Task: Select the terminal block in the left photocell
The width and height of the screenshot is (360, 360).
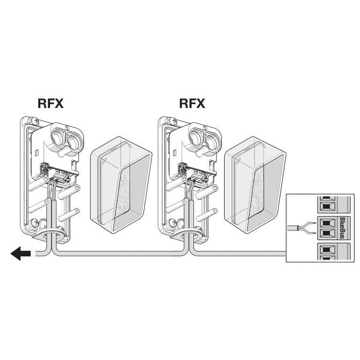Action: tap(60, 175)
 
